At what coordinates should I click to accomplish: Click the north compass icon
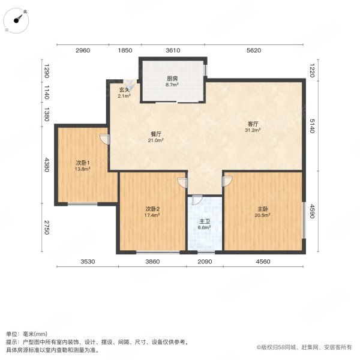point(20,19)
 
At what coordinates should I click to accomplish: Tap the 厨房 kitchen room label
point(172,78)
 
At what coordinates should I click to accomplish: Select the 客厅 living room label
point(253,124)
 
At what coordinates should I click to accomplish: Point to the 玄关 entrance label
point(124,90)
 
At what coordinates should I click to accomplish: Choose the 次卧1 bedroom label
point(83,163)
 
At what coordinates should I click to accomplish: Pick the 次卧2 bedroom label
point(152,209)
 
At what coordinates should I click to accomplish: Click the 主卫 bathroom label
point(205,222)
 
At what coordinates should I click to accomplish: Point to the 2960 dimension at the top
point(83,50)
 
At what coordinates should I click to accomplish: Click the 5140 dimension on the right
point(312,127)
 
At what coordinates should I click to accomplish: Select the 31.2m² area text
point(253,130)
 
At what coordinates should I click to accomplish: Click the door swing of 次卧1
point(104,140)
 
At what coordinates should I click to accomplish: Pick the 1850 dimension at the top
point(125,50)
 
